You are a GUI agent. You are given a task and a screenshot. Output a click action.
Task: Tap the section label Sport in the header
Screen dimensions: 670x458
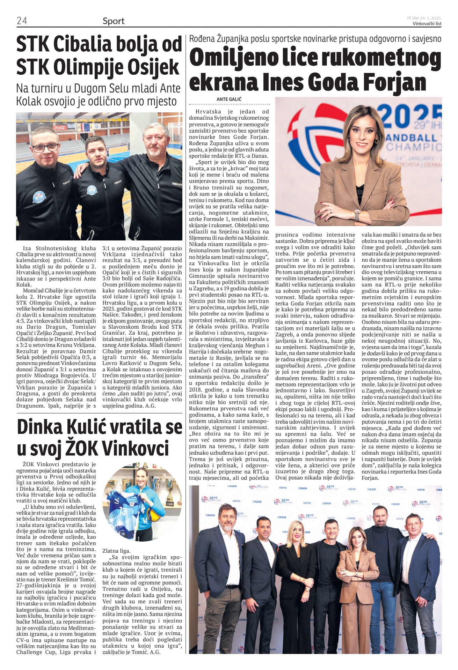(114, 21)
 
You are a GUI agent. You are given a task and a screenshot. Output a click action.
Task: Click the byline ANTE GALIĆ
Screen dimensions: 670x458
(229, 99)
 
